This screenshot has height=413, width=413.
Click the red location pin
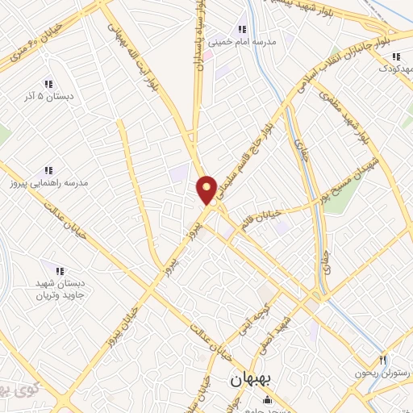point(207,189)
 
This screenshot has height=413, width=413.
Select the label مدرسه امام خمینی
point(242,40)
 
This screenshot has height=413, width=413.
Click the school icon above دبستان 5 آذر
point(48,84)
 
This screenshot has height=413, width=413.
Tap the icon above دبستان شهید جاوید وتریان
point(58,269)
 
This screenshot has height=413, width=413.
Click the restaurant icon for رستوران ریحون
point(383,360)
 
